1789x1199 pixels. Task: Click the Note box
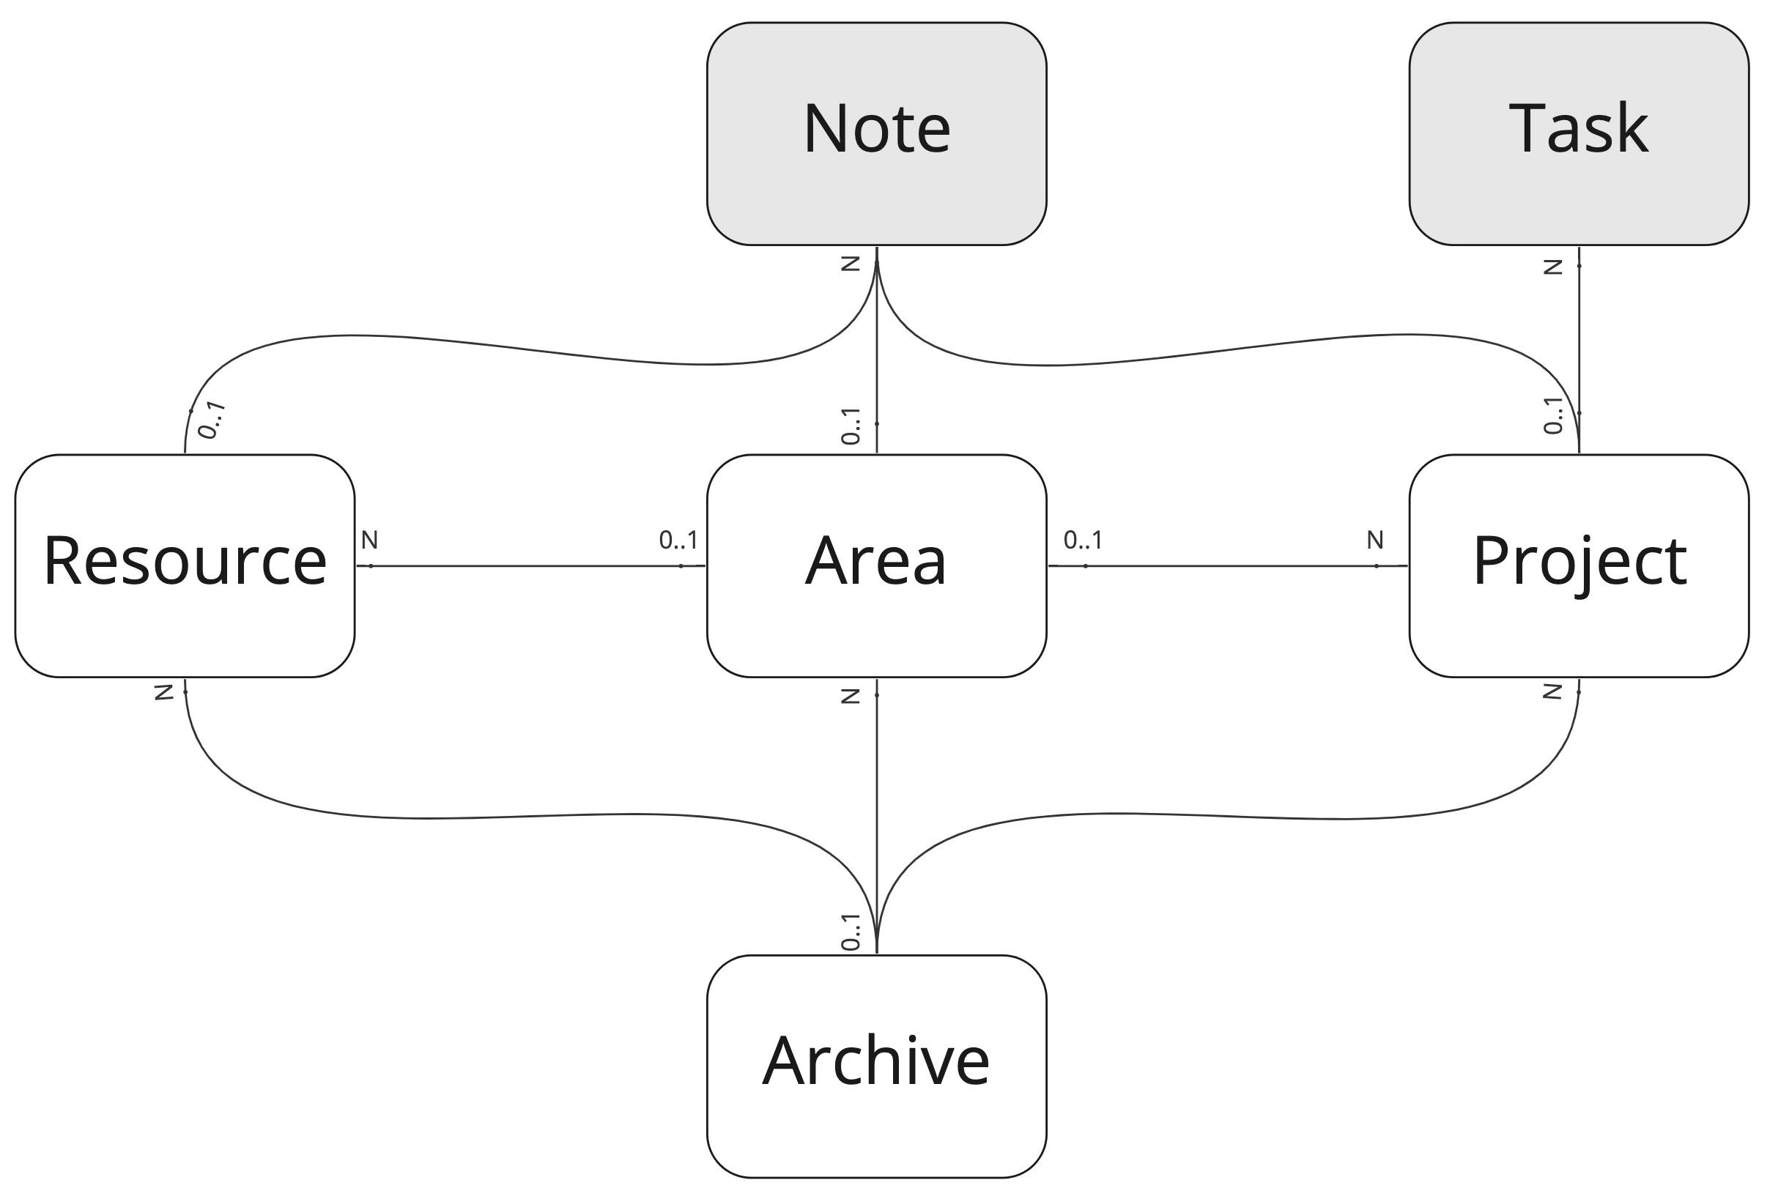876,134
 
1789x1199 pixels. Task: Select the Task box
1579,134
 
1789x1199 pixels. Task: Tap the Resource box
185,566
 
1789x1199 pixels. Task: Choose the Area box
876,566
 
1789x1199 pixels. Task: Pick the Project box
1579,566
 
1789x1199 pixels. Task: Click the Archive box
876,1066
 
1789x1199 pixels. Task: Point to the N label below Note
851,264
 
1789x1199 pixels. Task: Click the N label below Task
1552,267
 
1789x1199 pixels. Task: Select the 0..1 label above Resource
212,420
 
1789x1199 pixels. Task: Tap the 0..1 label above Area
851,426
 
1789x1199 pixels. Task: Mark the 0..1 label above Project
1552,415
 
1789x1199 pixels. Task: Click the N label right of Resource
369,541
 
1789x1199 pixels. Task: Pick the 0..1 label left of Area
678,541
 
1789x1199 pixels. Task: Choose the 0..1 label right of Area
1083,541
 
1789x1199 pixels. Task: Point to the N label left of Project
1375,541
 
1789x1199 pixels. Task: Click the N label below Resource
163,693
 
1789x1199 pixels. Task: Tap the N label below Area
851,696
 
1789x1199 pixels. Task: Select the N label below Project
1552,692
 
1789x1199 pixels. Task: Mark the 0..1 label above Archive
851,932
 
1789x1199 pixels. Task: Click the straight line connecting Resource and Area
531,566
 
